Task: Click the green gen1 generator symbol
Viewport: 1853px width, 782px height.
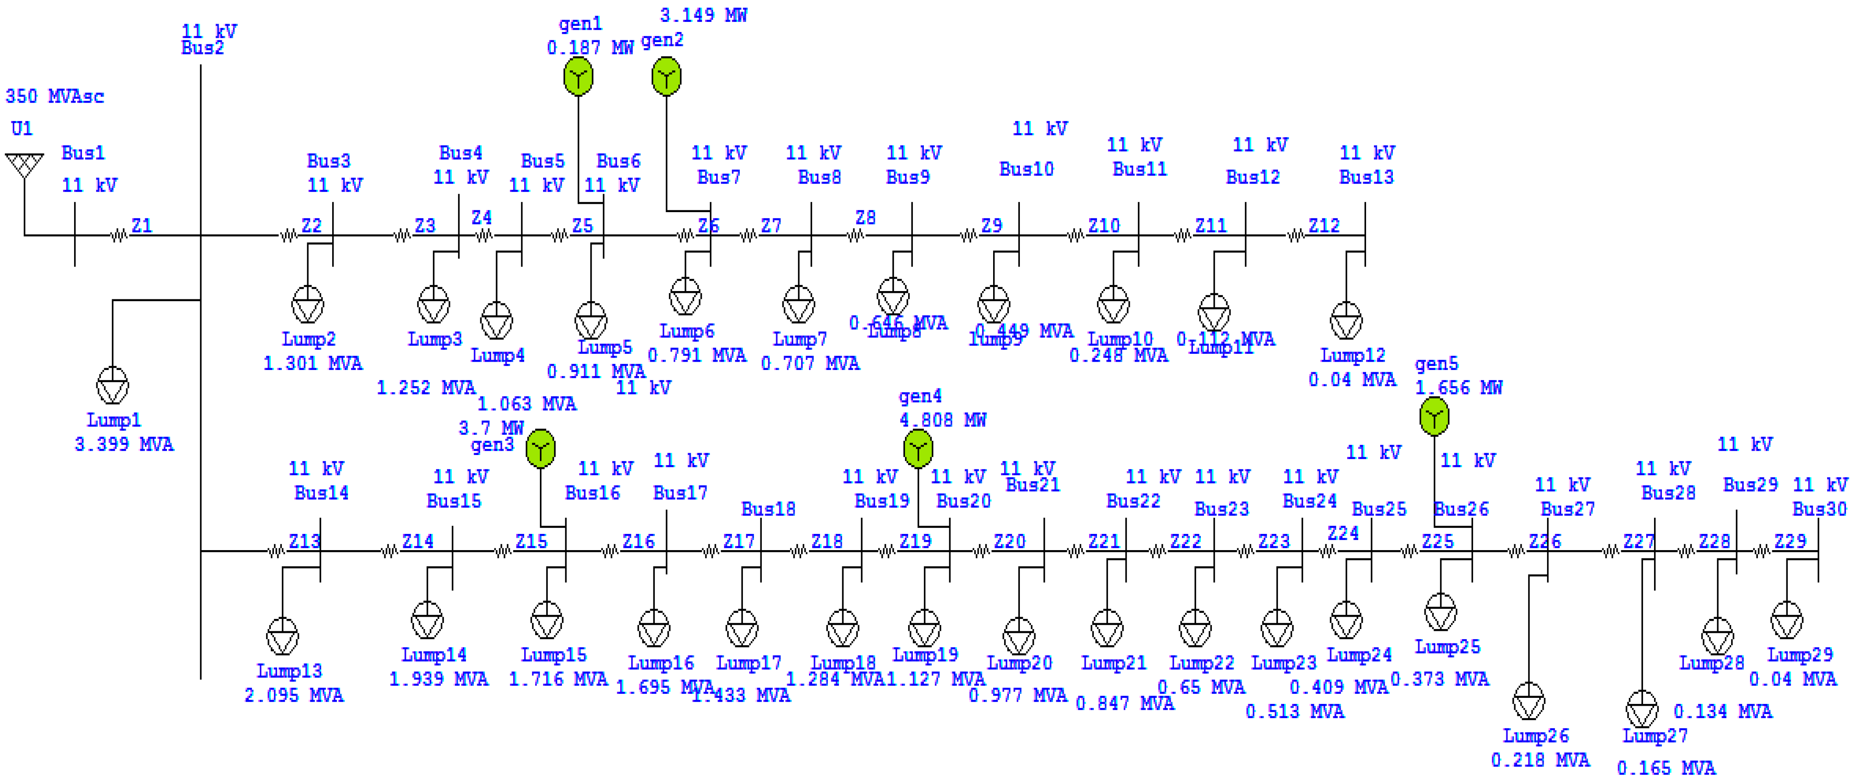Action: coord(579,77)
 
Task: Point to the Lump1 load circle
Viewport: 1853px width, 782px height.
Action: coord(113,386)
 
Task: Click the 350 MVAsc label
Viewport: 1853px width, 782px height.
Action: coord(55,96)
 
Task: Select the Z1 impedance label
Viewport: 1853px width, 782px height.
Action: coord(142,225)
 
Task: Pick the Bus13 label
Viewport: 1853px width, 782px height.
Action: coord(1366,177)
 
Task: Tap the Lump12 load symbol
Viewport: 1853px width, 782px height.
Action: coord(1346,321)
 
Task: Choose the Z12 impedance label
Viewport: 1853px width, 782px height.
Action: coord(1324,225)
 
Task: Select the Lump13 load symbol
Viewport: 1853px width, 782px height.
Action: coord(283,636)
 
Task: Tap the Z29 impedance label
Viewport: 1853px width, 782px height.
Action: coord(1790,541)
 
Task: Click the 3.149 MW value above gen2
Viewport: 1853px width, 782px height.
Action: coord(703,15)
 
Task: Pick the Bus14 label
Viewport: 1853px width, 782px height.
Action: coord(322,493)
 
